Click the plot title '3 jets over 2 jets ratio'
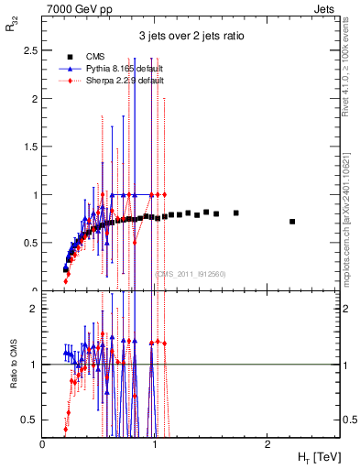[x=191, y=37]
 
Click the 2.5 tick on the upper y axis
[x=33, y=50]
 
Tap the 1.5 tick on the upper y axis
[x=33, y=147]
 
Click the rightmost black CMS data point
[x=292, y=222]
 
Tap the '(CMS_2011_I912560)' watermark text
[x=191, y=273]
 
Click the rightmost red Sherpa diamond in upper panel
[x=164, y=194]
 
